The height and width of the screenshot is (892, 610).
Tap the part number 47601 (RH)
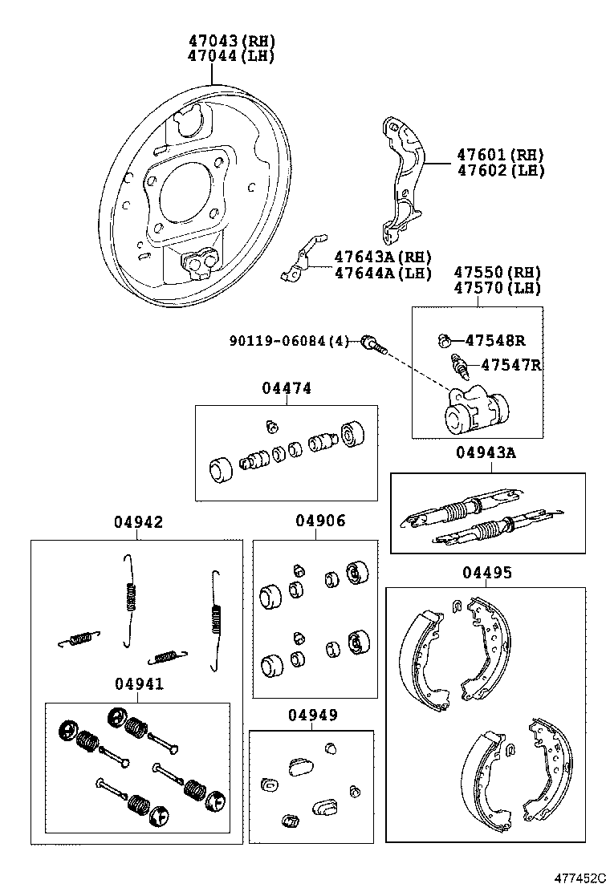(500, 154)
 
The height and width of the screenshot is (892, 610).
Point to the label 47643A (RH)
(382, 257)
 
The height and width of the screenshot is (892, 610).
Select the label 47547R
(510, 365)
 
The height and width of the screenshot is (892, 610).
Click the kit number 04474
(286, 388)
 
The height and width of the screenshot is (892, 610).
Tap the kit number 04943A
(486, 452)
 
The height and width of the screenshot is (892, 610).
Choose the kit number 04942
(137, 521)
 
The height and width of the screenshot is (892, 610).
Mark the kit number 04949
(311, 715)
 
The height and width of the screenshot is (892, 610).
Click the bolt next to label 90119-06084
(373, 344)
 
